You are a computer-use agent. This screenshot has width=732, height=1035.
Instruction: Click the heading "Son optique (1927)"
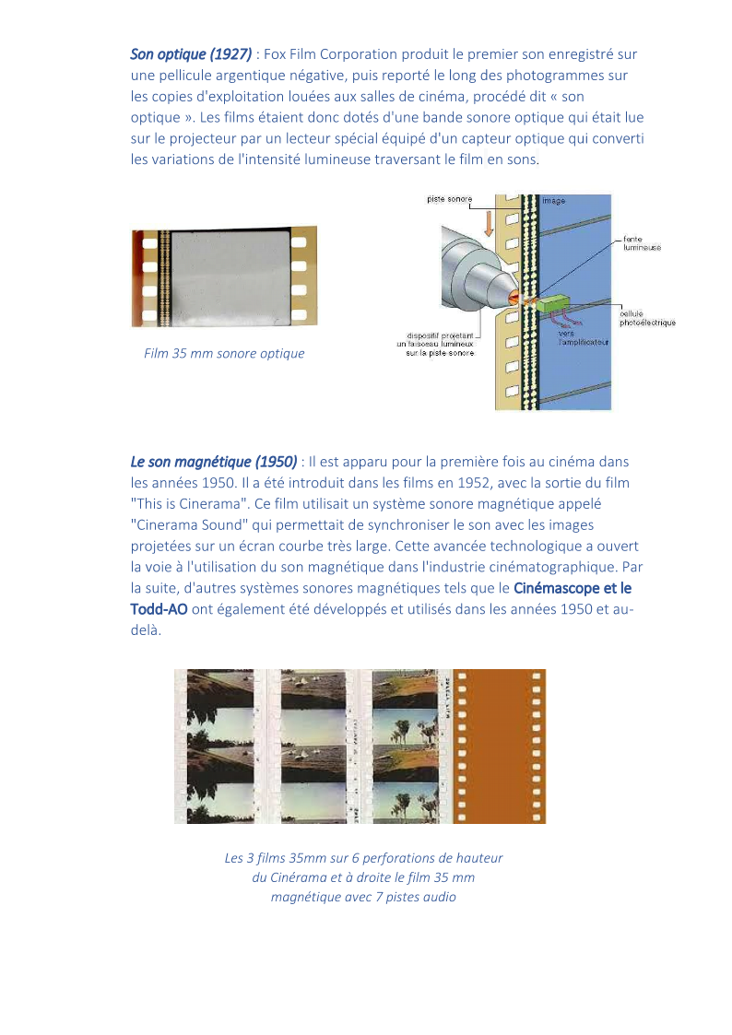click(191, 54)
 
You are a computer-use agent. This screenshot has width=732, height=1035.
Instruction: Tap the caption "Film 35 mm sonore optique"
click(224, 353)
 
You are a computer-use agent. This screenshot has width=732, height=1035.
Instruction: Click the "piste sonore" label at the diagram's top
click(450, 199)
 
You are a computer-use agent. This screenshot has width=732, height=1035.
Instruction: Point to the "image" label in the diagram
click(554, 200)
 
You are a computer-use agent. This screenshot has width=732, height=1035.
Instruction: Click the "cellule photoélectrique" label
click(647, 318)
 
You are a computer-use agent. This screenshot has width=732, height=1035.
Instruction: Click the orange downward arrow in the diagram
click(489, 222)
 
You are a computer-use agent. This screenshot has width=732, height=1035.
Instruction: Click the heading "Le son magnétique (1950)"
click(214, 461)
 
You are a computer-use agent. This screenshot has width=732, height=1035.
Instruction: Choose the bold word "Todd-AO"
click(159, 609)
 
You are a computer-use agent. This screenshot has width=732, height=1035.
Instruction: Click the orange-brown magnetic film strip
click(499, 747)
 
